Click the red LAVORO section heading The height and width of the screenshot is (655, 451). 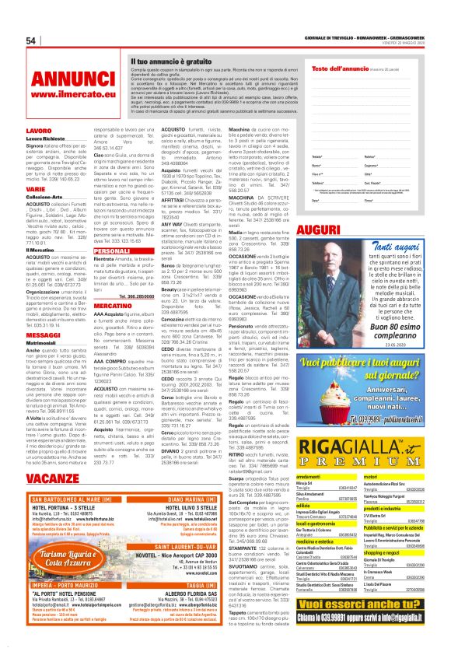pyautogui.click(x=39, y=131)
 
